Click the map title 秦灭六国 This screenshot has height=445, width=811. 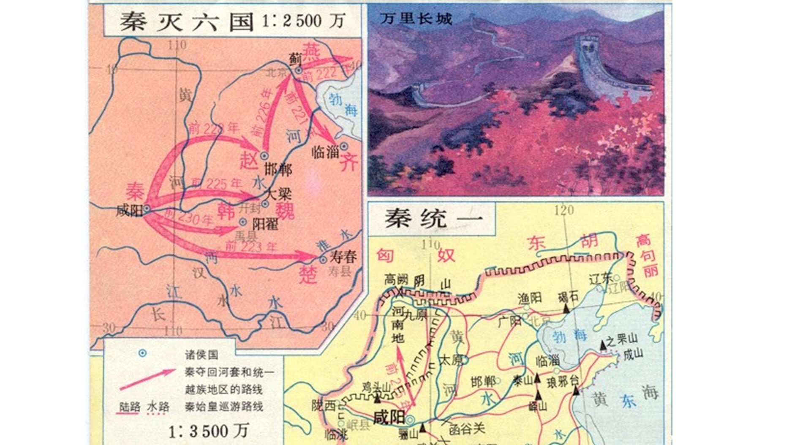(186, 22)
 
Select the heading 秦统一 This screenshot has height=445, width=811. (433, 219)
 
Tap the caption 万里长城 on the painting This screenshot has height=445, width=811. (416, 19)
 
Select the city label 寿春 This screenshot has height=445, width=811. (343, 256)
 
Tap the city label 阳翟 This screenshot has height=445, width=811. (265, 224)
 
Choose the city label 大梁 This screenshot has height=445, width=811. (278, 194)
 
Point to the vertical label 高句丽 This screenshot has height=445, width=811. (645, 256)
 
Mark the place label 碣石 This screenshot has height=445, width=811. (568, 296)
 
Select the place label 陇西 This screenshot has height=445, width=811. (324, 406)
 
